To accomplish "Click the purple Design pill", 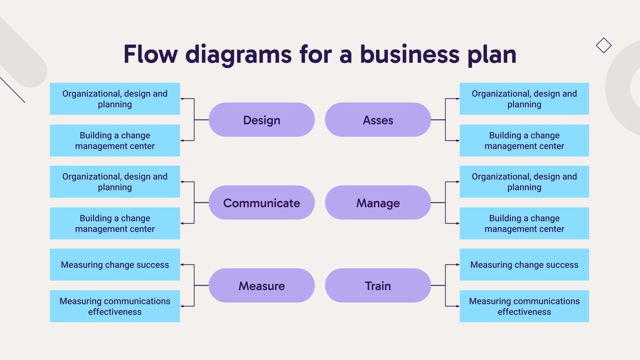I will click(x=262, y=120).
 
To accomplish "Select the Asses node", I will click(x=378, y=120).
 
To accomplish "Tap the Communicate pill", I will click(x=262, y=202).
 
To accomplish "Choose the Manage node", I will click(x=378, y=202).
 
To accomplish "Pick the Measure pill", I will click(x=262, y=285).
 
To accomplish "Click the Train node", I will click(x=378, y=285).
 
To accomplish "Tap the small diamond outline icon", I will click(x=604, y=45).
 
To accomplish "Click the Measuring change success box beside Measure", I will click(x=115, y=264).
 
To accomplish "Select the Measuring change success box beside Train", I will click(x=524, y=264).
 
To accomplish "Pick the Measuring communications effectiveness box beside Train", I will click(x=524, y=306).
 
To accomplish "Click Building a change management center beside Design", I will click(x=115, y=140).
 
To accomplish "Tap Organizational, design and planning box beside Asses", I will click(x=524, y=99).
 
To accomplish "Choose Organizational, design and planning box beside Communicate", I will click(x=115, y=182).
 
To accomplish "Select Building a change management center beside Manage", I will click(x=524, y=223).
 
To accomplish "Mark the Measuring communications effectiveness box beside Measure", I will click(x=115, y=306).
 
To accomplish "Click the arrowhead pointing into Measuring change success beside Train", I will click(x=458, y=264).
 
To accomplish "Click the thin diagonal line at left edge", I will click(x=12, y=90).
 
